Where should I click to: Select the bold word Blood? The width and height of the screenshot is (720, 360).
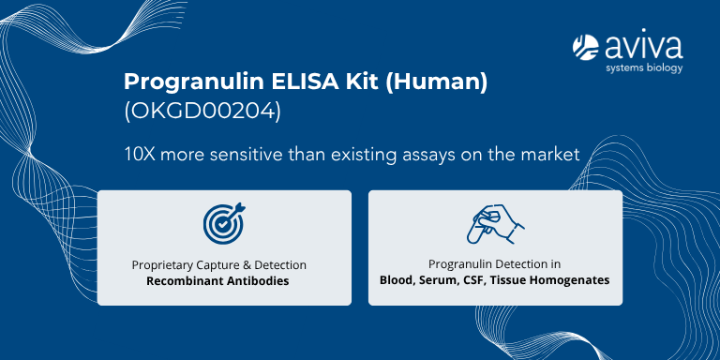click(x=397, y=280)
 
